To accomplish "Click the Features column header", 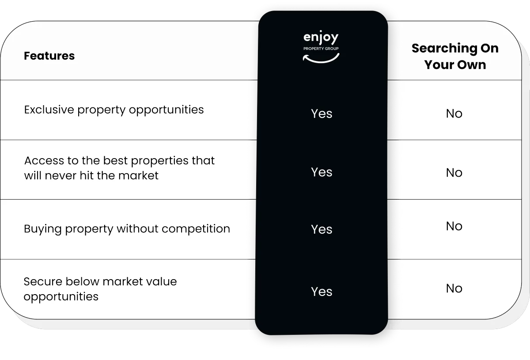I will click(49, 56).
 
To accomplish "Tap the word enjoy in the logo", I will click(321, 38).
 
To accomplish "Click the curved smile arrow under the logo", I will click(321, 58).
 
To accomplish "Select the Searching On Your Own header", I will click(455, 56).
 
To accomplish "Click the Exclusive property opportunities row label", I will click(114, 110).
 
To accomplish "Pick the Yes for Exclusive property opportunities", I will click(322, 114).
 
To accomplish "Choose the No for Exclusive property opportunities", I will click(454, 114).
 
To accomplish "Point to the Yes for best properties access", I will click(322, 172).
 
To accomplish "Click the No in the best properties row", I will click(454, 172).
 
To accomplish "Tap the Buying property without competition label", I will click(127, 229).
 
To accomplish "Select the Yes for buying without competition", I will click(322, 229).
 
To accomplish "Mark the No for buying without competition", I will click(454, 226).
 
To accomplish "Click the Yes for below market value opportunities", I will click(322, 292).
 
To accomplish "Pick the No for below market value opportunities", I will click(454, 288).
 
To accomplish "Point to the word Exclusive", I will click(49, 110).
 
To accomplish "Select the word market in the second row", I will click(140, 175).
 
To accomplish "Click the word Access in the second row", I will click(41, 160).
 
